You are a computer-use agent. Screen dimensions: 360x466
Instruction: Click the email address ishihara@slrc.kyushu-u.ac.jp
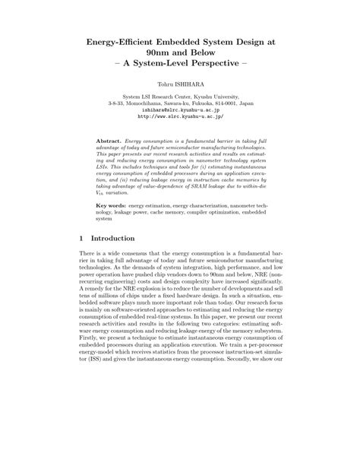[x=180, y=109]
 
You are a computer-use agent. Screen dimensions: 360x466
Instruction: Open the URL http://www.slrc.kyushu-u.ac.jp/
[x=180, y=117]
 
